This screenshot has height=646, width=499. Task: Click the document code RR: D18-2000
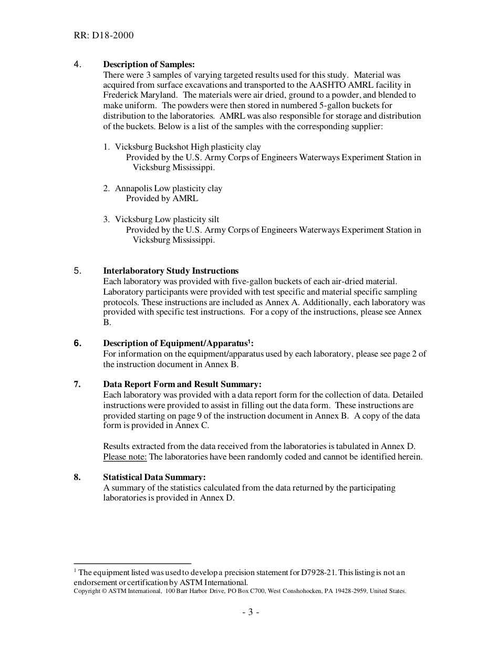point(103,35)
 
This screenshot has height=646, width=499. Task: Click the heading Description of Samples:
point(149,65)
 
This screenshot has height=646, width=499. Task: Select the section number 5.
point(77,271)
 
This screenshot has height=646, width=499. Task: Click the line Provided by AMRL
point(162,199)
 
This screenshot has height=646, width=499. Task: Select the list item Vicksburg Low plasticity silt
point(167,220)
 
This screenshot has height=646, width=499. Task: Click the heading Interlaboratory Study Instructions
point(171,271)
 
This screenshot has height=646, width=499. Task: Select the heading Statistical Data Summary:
point(154,477)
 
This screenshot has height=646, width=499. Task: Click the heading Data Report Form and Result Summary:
point(182,384)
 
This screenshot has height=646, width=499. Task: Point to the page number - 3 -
point(251,612)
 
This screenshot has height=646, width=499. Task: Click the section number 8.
point(77,477)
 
